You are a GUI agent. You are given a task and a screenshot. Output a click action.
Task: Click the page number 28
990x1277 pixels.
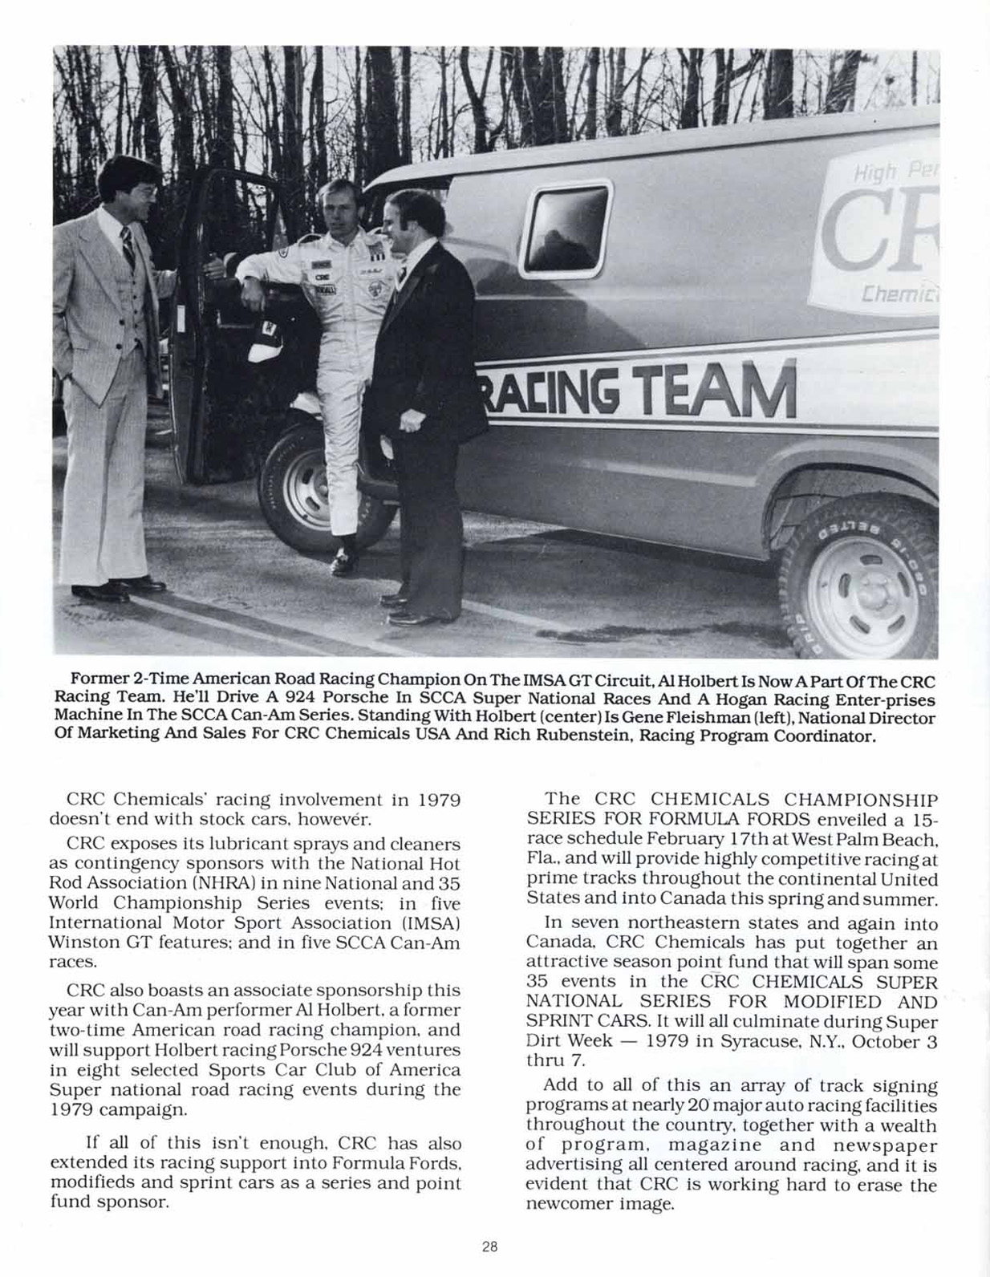tap(490, 1247)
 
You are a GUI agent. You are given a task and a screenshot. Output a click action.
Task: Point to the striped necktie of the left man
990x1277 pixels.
tap(128, 246)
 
